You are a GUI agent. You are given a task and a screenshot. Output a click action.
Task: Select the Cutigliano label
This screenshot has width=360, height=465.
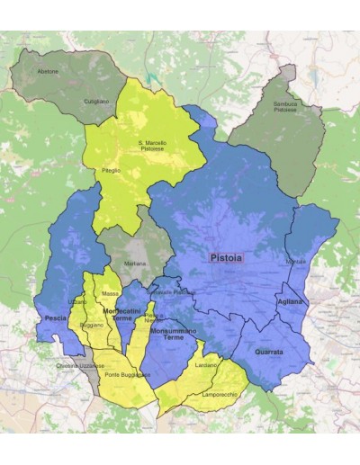tap(96, 101)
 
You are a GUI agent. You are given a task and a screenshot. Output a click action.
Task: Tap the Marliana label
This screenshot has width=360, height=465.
tap(135, 264)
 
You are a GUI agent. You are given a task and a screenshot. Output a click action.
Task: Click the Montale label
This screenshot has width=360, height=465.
tap(295, 261)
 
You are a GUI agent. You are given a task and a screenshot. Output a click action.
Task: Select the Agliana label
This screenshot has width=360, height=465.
tap(290, 302)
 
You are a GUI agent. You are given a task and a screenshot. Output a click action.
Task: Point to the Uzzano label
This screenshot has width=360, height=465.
tap(77, 302)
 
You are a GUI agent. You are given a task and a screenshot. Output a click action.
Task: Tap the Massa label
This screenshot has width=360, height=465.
tap(111, 293)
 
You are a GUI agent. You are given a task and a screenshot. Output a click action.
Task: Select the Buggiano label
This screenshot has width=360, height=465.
tap(91, 325)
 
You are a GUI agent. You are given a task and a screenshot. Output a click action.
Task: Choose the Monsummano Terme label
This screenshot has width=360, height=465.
tap(173, 335)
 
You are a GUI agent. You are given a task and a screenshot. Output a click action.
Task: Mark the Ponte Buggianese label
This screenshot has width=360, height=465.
tap(127, 374)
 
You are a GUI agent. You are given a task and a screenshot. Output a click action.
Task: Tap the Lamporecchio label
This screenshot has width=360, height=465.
tap(220, 394)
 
